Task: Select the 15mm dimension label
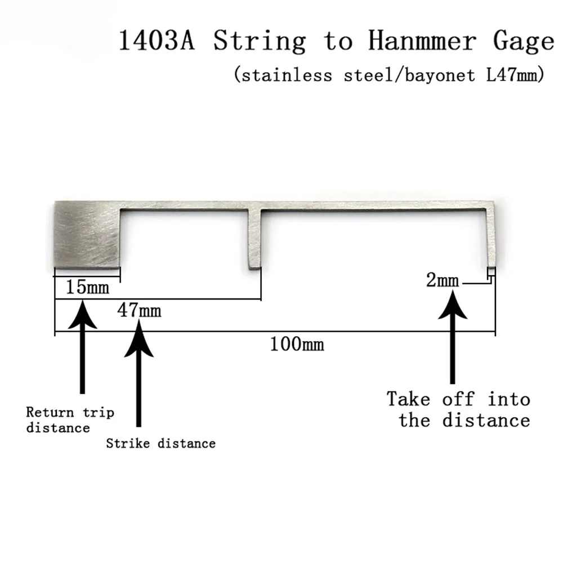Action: click(x=87, y=288)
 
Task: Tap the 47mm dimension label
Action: click(x=138, y=310)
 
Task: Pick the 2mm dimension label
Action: click(x=443, y=280)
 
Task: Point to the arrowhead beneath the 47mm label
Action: click(x=138, y=338)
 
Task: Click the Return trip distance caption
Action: click(x=70, y=420)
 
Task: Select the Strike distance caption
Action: click(x=161, y=444)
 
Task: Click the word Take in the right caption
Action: click(x=409, y=399)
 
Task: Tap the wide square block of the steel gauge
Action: click(x=87, y=234)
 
